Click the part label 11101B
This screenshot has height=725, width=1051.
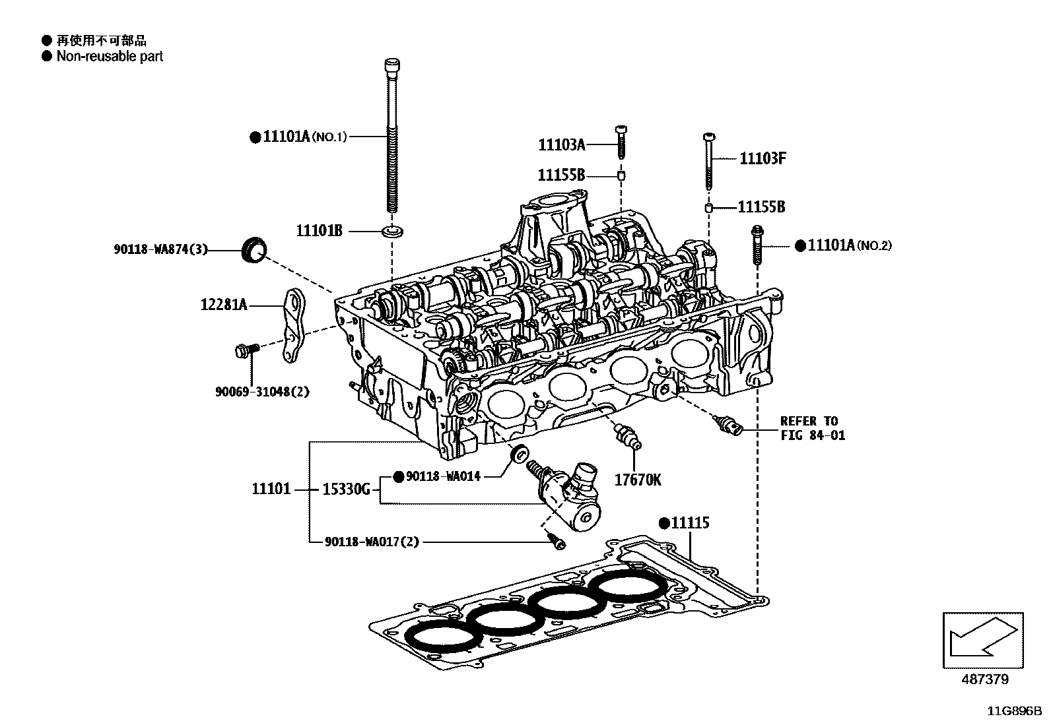[319, 231]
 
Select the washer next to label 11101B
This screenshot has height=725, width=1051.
[392, 231]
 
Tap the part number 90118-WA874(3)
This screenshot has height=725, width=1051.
[160, 249]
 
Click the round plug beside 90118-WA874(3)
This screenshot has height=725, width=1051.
[254, 250]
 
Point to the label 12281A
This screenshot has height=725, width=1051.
[224, 305]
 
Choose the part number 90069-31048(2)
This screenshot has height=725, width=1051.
[262, 392]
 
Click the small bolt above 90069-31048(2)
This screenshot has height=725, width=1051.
[247, 350]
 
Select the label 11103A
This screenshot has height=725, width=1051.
[562, 145]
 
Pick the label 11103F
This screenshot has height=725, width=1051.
[763, 158]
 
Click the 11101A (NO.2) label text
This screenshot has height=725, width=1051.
[849, 245]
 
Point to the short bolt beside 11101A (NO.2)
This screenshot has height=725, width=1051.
[757, 245]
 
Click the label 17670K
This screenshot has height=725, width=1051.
[638, 480]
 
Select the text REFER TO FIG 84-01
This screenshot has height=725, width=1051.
[813, 428]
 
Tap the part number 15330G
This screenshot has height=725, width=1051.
[347, 489]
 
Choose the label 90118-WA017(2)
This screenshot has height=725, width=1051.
[372, 542]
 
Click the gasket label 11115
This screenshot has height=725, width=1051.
[690, 523]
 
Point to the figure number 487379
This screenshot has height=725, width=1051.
[985, 679]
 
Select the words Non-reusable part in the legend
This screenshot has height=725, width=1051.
[110, 56]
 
